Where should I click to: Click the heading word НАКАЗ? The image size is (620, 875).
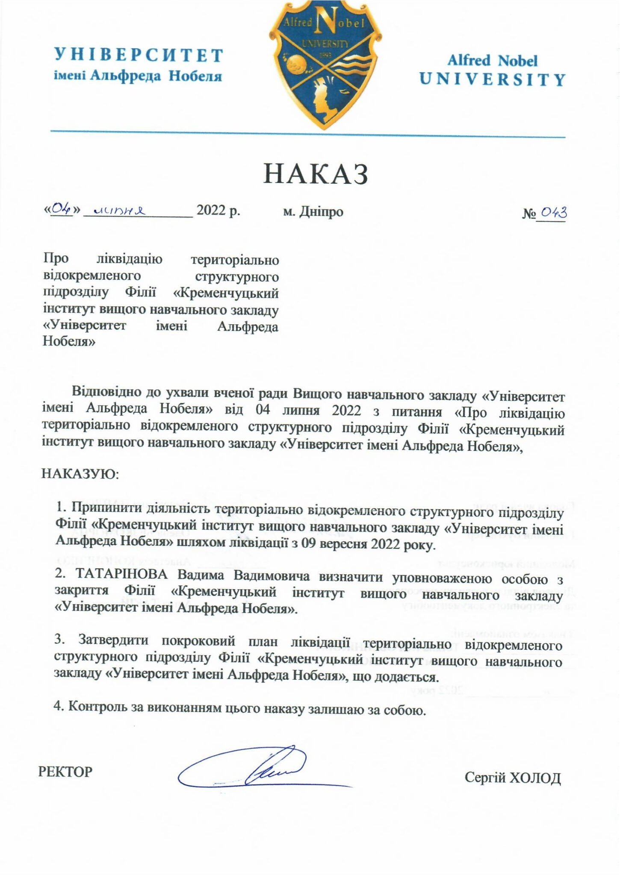315,174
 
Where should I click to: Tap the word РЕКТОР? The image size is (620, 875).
65,772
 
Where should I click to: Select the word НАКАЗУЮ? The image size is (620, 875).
80,474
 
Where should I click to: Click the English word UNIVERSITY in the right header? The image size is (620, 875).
493,79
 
